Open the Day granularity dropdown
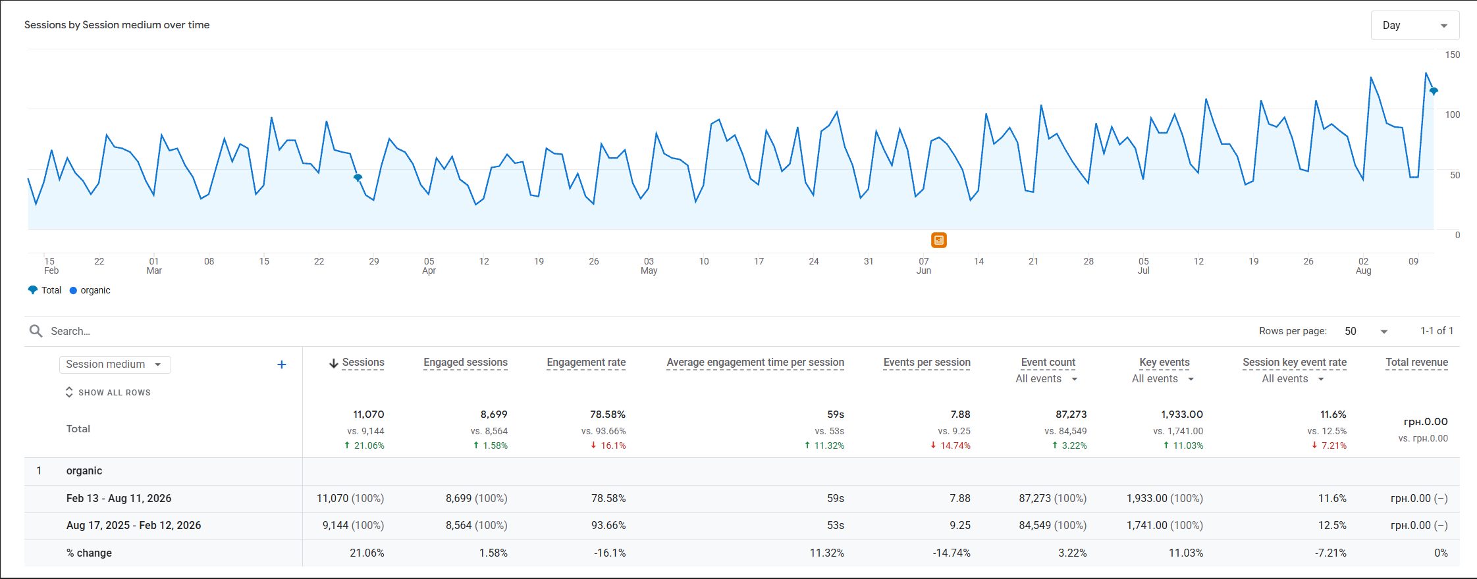click(1414, 26)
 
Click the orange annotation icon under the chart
click(939, 240)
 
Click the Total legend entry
click(45, 290)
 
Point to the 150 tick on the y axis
click(1452, 55)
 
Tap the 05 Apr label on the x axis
click(429, 266)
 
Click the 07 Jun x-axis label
click(924, 266)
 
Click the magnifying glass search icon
click(36, 331)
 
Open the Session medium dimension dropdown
click(115, 365)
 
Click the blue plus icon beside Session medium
click(281, 365)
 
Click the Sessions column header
click(363, 363)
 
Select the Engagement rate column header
click(586, 363)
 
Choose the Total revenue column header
click(1416, 363)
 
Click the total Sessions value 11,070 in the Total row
click(368, 415)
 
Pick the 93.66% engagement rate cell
click(608, 525)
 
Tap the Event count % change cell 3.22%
click(1073, 553)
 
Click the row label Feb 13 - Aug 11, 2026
click(119, 498)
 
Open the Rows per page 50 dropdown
click(1366, 331)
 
